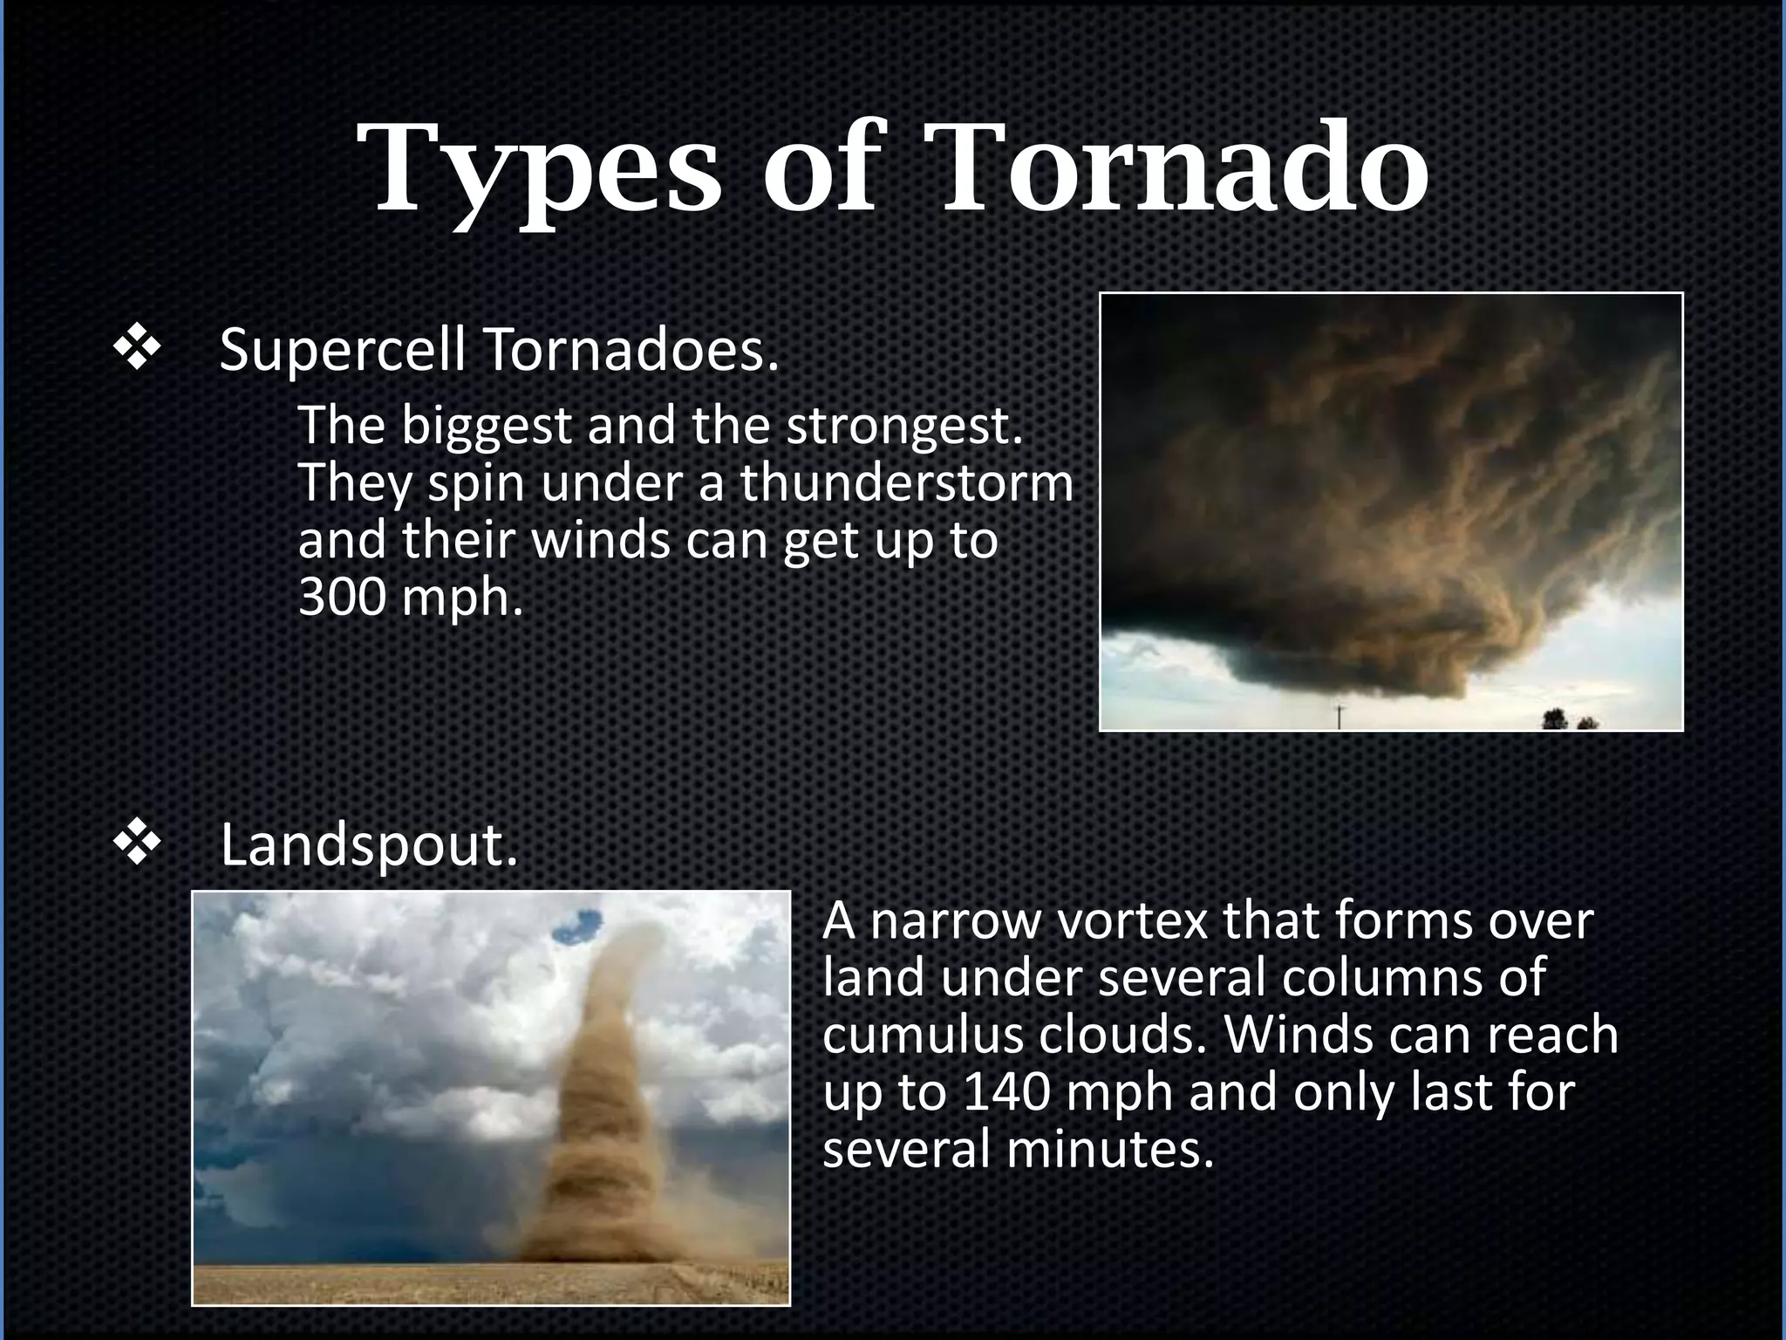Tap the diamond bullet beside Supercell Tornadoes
tap(137, 351)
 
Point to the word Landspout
tap(368, 846)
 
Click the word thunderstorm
tap(907, 483)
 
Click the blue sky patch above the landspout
tap(576, 926)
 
